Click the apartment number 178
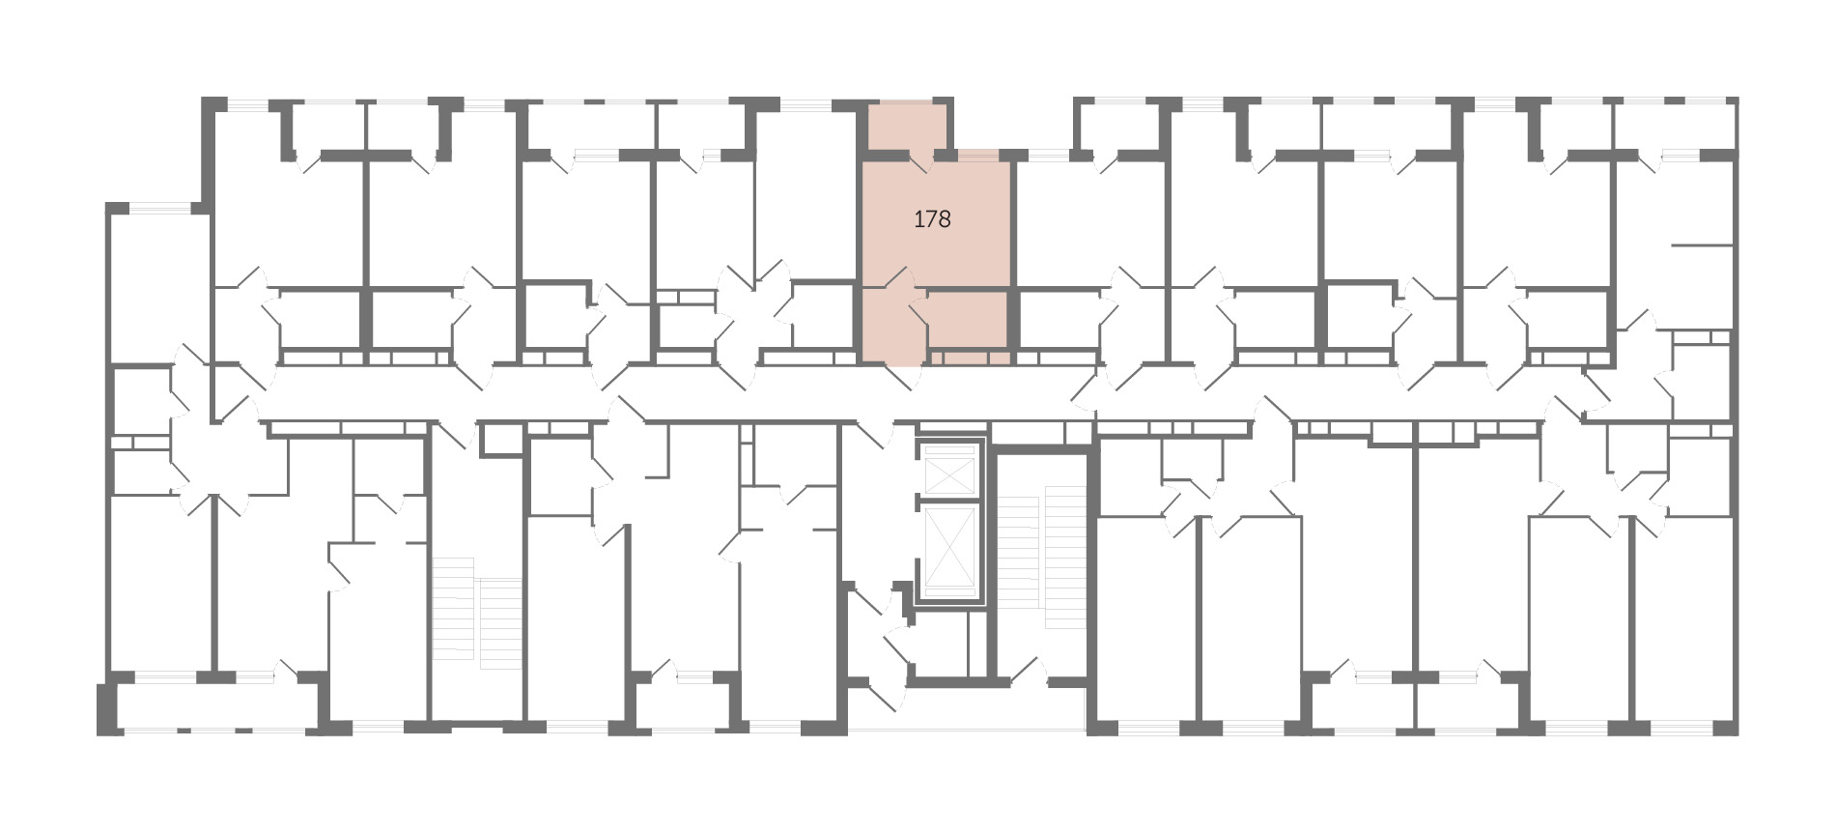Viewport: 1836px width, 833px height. click(932, 219)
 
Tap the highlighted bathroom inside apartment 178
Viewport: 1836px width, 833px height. click(968, 322)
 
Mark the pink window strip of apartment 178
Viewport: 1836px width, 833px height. click(977, 155)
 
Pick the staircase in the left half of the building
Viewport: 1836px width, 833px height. click(477, 611)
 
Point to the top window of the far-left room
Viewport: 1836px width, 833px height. click(160, 207)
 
